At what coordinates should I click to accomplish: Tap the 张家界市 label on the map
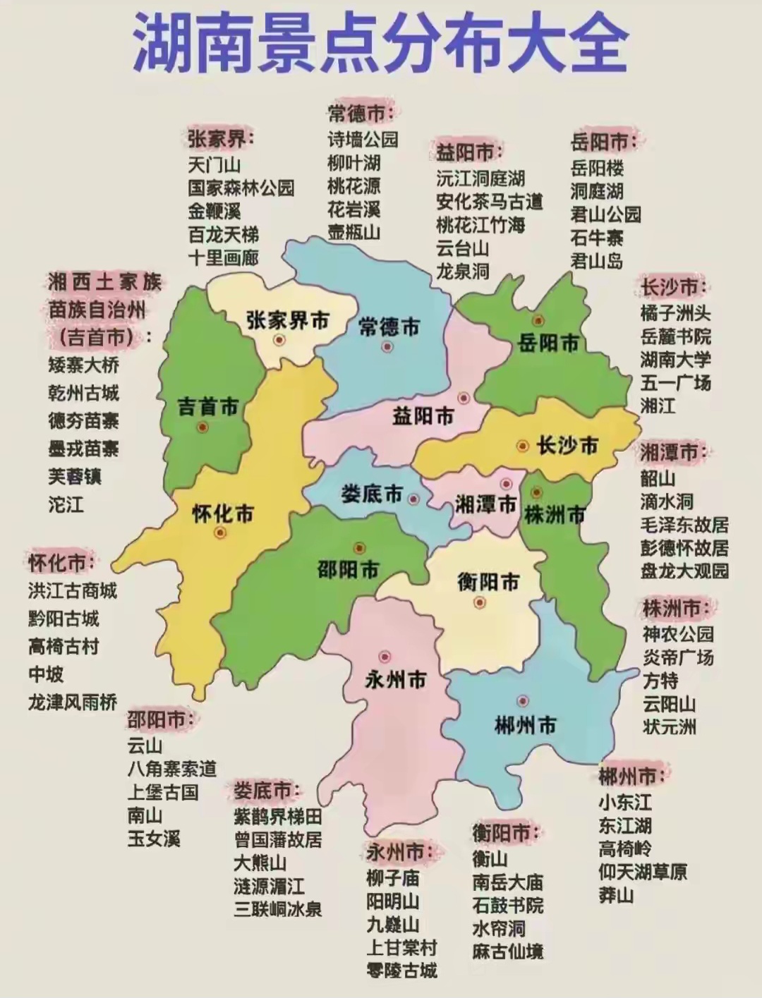click(288, 321)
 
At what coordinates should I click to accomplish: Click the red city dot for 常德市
click(387, 346)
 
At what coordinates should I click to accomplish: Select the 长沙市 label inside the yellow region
click(567, 445)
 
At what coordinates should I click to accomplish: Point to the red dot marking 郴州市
click(522, 701)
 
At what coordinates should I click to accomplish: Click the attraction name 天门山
click(214, 165)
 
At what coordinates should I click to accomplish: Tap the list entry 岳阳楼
click(597, 168)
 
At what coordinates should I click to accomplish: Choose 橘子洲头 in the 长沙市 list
click(675, 312)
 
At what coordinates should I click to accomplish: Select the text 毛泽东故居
click(684, 525)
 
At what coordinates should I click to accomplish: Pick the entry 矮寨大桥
click(83, 365)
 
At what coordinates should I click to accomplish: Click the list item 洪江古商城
click(73, 590)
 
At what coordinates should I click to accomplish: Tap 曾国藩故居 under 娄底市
click(278, 839)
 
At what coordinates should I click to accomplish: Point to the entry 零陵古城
click(401, 970)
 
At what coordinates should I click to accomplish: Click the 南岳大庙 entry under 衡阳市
click(507, 882)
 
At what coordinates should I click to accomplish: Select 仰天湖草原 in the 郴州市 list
click(642, 872)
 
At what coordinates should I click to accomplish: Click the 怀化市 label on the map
click(223, 513)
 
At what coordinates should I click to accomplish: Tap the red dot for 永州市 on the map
click(384, 656)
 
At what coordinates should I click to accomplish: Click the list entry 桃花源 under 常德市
click(353, 186)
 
